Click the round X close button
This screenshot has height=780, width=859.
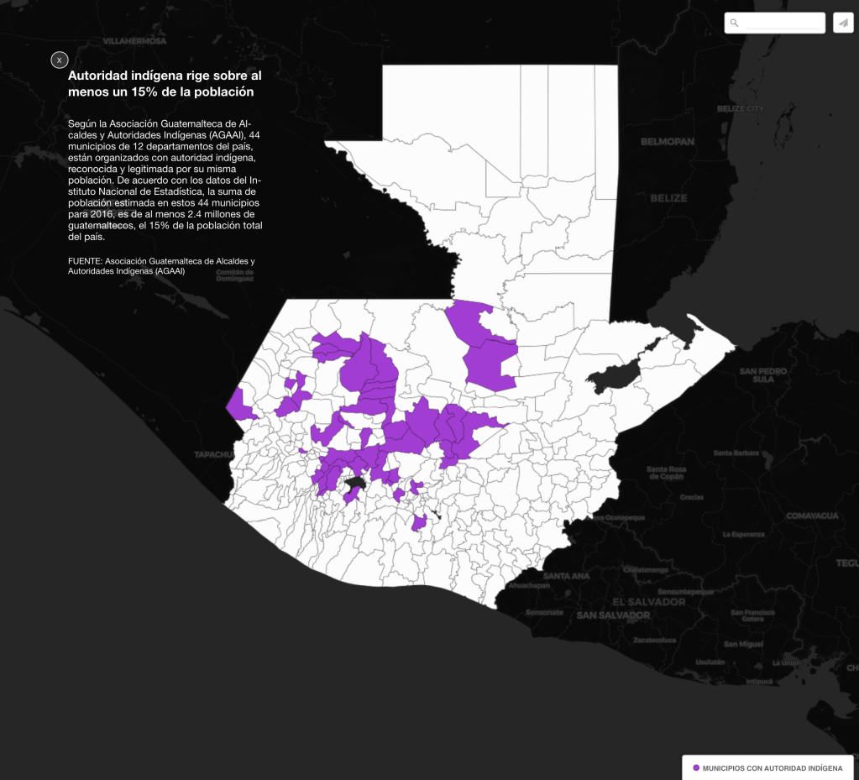(x=59, y=60)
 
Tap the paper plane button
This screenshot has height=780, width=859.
(x=843, y=23)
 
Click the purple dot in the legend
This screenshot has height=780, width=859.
(x=696, y=767)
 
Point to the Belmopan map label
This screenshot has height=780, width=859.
(x=668, y=142)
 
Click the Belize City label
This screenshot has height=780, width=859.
(x=741, y=108)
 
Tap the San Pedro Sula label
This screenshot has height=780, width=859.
(x=762, y=374)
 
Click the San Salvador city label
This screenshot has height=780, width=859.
(x=613, y=615)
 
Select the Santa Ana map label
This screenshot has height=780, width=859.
(x=566, y=576)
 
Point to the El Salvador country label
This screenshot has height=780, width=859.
(x=648, y=602)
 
